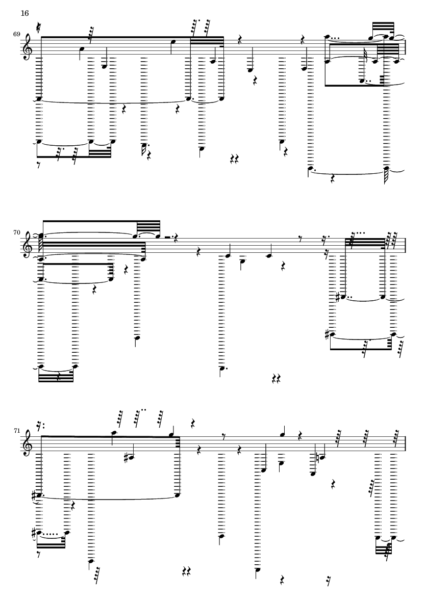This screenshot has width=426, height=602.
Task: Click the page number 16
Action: coord(25,13)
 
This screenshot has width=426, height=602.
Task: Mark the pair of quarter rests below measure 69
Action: coord(234,160)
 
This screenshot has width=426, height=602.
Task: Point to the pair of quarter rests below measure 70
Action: coord(277,378)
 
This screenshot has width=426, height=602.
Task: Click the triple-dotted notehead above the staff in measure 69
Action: coord(327,37)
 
